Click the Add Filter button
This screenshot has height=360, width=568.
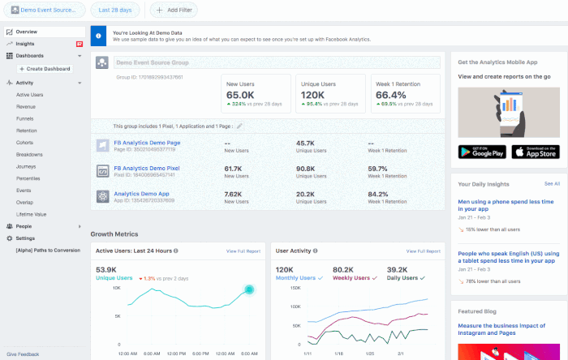[174, 10]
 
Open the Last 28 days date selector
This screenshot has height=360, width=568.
[117, 10]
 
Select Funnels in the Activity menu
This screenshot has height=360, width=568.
[25, 118]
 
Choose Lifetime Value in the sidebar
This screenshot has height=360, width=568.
[32, 213]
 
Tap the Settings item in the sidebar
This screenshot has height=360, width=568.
[25, 238]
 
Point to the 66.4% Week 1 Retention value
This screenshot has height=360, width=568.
[390, 95]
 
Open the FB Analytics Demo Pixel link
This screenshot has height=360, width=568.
[147, 169]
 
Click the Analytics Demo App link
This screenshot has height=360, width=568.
[140, 194]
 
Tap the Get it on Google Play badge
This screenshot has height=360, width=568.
[481, 152]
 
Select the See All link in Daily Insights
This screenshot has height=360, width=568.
[552, 184]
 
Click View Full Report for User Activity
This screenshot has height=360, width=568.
[422, 251]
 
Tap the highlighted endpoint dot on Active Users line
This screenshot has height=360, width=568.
[249, 289]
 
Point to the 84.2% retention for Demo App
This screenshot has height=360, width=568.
[379, 195]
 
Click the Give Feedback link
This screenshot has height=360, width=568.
[23, 354]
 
